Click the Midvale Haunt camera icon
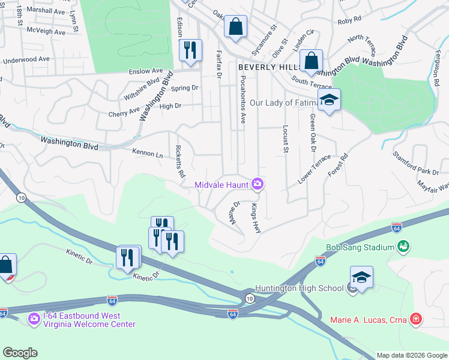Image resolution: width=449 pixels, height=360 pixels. point(258,184)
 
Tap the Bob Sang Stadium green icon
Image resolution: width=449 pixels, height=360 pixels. point(403,247)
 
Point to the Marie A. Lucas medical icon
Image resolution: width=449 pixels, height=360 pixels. point(415,319)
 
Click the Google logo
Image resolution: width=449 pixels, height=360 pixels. point(20,353)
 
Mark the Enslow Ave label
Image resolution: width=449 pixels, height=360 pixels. point(146,71)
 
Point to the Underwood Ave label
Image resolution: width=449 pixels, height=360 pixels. point(26,59)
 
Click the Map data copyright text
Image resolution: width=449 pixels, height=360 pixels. point(412,355)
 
